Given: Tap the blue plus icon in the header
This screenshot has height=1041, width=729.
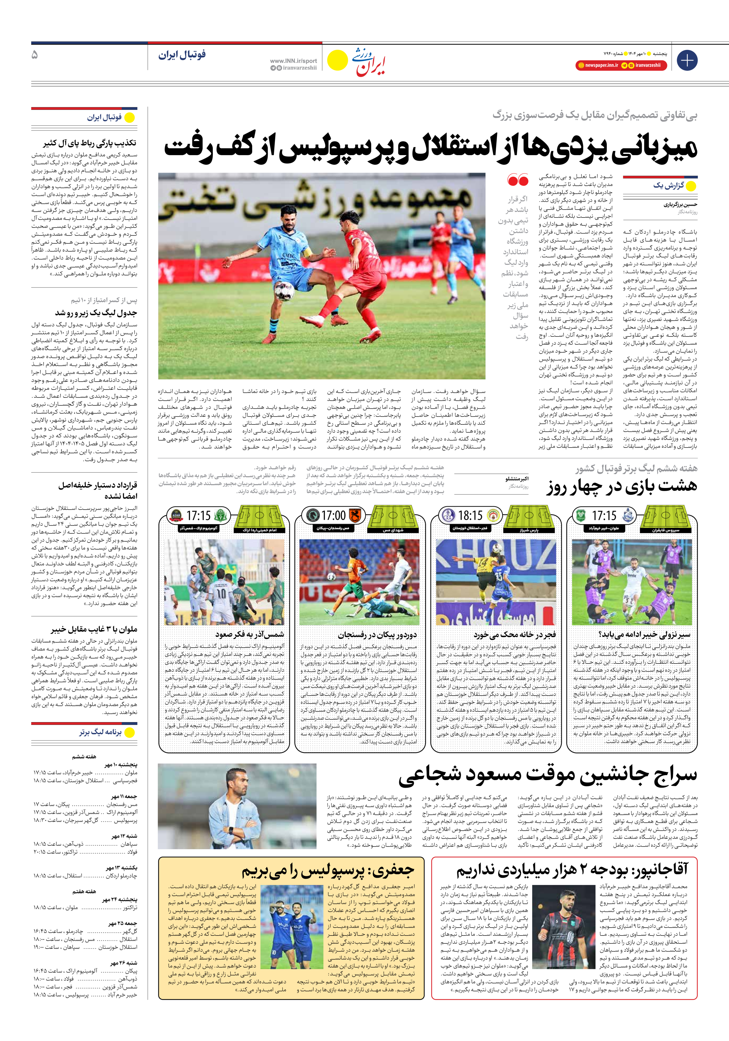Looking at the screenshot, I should [687, 60].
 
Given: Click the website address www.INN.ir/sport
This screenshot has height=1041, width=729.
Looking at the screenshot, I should [294, 61].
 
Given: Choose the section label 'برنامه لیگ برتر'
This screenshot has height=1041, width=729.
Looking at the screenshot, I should [100, 732].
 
